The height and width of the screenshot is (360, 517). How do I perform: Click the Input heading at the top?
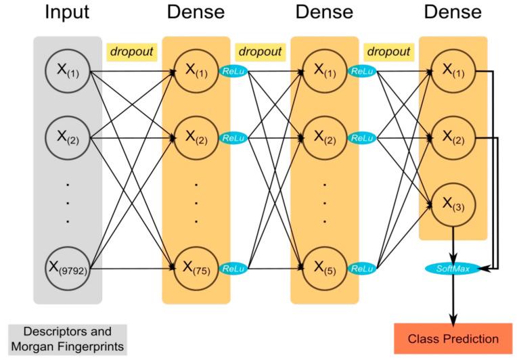(x=67, y=13)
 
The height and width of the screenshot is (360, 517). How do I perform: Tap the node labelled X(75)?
(x=196, y=269)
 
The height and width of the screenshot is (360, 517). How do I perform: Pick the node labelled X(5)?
(x=325, y=269)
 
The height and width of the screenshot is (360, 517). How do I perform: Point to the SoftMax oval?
(x=453, y=269)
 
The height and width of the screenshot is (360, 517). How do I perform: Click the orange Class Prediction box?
(x=453, y=338)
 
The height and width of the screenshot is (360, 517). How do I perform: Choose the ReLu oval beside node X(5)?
(x=361, y=269)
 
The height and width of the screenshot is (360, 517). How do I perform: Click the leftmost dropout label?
(x=131, y=51)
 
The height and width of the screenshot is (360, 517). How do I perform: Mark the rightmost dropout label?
(x=388, y=51)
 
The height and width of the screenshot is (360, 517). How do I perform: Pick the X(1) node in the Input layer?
(x=67, y=70)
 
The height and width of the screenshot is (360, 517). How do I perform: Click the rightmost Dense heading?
(x=453, y=13)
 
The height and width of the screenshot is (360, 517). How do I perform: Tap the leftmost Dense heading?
(x=196, y=13)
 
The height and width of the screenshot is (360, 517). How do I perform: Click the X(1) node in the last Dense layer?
(x=453, y=70)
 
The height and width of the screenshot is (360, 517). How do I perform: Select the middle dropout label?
(x=259, y=51)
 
